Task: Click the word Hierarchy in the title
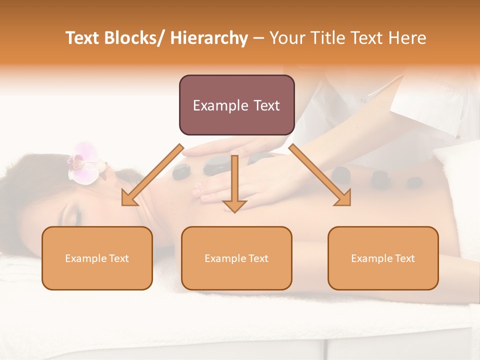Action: [x=208, y=38]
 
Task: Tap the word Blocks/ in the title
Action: [x=133, y=38]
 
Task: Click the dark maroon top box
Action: [x=236, y=105]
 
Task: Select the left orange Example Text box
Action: [x=97, y=258]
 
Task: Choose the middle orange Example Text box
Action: [x=236, y=258]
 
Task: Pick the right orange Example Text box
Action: [x=383, y=258]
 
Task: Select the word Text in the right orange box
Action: [x=404, y=258]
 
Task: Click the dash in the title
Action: [x=258, y=38]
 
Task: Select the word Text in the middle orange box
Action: [x=258, y=258]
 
